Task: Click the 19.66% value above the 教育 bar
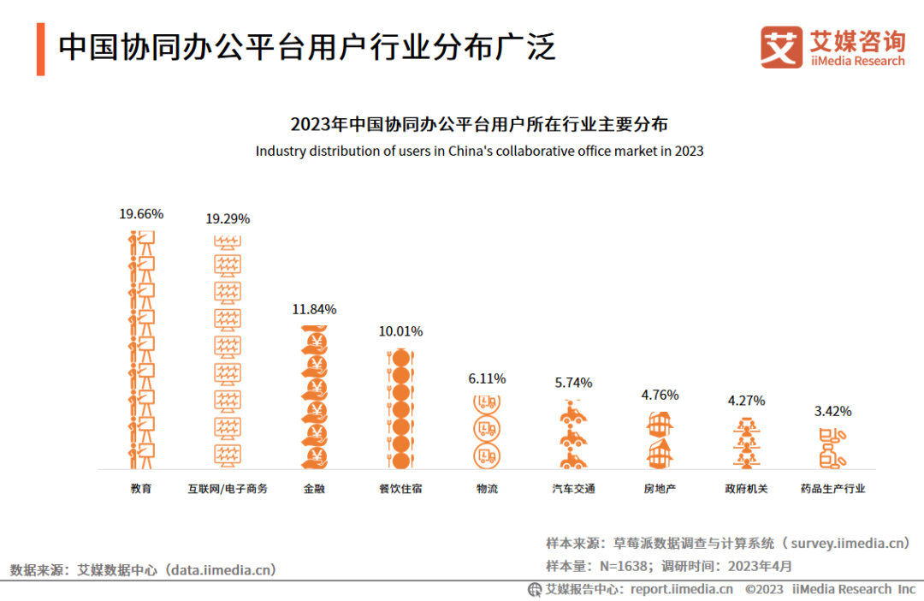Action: click(x=141, y=214)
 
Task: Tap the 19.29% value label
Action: click(x=228, y=219)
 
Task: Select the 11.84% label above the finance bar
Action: click(x=314, y=309)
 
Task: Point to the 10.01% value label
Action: click(x=400, y=331)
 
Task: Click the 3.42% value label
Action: click(x=832, y=411)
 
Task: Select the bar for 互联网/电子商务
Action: click(x=228, y=351)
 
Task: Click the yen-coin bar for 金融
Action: click(x=314, y=396)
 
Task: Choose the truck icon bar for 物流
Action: click(x=487, y=430)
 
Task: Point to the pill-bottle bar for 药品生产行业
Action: click(x=832, y=448)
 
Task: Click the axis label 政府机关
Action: click(x=746, y=489)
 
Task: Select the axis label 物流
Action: click(x=487, y=489)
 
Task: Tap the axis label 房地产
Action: click(x=660, y=489)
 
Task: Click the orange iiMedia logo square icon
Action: click(x=782, y=47)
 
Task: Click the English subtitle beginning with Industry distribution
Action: click(x=479, y=152)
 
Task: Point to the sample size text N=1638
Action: click(x=620, y=566)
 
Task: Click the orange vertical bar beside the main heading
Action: click(x=40, y=49)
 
